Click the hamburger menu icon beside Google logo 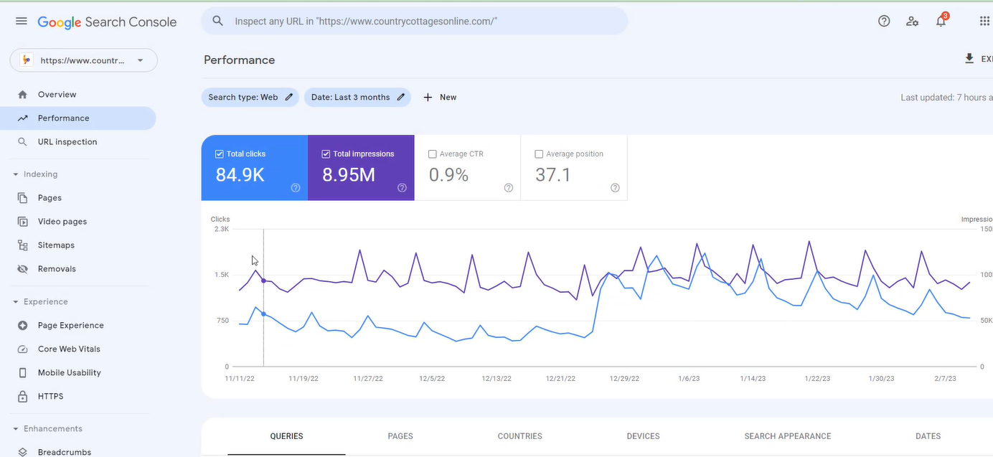click(22, 22)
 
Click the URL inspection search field click(416, 22)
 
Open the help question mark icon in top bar click(884, 22)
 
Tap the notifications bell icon click(941, 22)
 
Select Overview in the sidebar click(57, 95)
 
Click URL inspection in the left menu click(67, 142)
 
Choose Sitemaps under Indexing click(56, 245)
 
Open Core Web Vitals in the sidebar click(69, 349)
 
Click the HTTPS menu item click(50, 397)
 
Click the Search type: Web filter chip click(250, 98)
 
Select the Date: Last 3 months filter click(357, 98)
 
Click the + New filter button click(440, 98)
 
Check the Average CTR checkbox click(432, 154)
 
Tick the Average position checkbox click(539, 154)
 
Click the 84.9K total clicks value click(240, 175)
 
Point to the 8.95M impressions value click(349, 175)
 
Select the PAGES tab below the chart click(400, 436)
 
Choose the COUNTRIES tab click(519, 436)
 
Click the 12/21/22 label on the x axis click(560, 379)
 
